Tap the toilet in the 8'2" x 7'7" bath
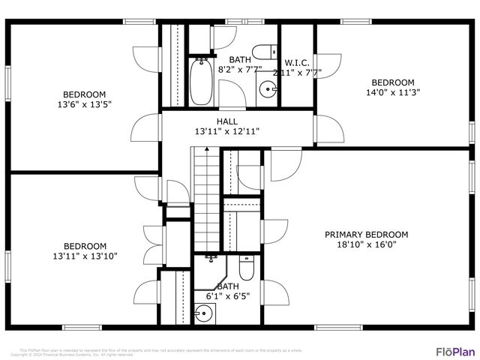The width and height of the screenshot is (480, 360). click(261, 52)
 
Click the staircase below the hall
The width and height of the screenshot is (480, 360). click(205, 199)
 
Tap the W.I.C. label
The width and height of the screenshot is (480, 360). click(297, 62)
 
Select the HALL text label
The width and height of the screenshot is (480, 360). click(227, 121)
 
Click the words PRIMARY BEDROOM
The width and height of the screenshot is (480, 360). click(366, 235)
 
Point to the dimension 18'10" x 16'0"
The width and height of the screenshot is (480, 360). click(366, 244)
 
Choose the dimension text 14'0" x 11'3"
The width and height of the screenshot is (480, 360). click(393, 93)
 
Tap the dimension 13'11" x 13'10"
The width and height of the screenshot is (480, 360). click(85, 256)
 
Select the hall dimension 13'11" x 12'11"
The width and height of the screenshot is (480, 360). click(227, 131)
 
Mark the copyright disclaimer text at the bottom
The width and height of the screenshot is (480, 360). click(161, 352)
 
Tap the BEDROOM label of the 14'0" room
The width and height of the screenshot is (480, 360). click(393, 82)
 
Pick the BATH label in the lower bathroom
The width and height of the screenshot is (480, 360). click(228, 286)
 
